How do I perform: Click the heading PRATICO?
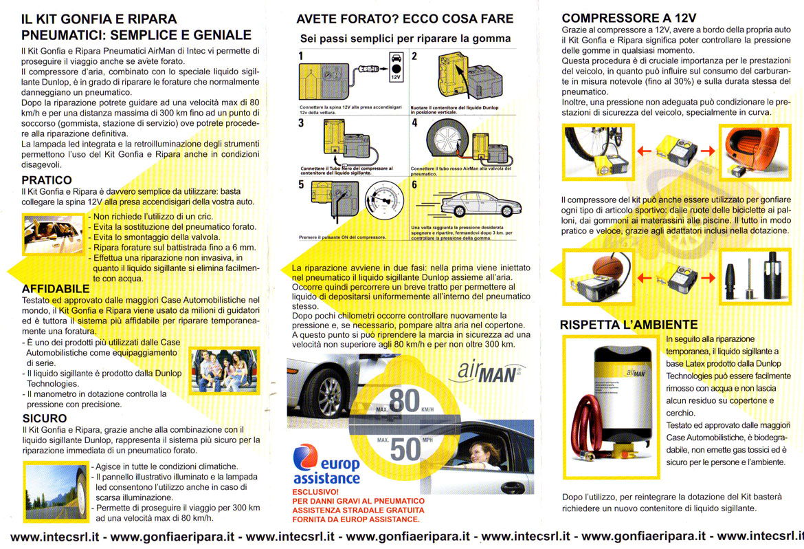[47, 180]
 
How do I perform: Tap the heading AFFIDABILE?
[56, 289]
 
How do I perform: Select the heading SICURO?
[45, 418]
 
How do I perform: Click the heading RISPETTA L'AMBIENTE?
[629, 325]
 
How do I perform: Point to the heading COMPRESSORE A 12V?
[629, 19]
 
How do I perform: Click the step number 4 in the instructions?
[414, 122]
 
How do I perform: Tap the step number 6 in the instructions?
[414, 184]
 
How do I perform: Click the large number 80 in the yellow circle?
[404, 402]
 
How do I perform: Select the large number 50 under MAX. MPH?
[405, 450]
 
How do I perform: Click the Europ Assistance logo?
[326, 464]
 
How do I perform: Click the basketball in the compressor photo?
[607, 266]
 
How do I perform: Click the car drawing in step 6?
[481, 204]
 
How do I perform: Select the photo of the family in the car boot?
[224, 371]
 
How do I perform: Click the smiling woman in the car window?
[484, 455]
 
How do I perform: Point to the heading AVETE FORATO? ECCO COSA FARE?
[405, 19]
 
